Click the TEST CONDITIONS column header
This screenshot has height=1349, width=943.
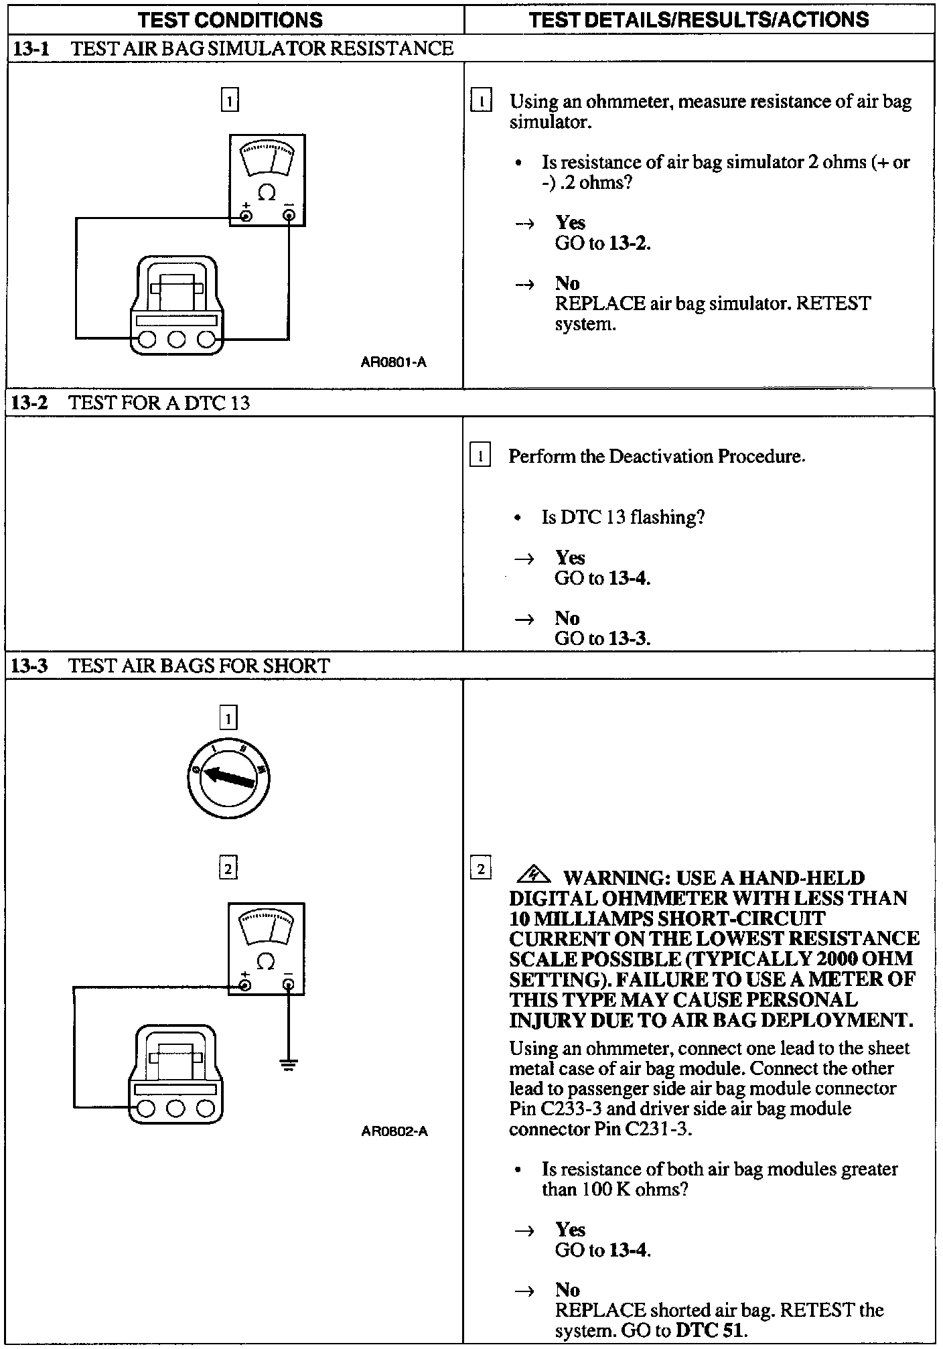tap(230, 20)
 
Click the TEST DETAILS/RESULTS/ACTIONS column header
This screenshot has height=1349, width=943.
tap(699, 19)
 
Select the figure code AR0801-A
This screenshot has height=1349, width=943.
tap(394, 363)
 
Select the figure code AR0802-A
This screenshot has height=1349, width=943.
tap(394, 1131)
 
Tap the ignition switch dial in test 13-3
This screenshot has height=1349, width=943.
tap(228, 778)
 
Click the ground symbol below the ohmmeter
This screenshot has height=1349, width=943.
tap(289, 1064)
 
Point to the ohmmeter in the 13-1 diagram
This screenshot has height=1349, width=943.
tap(267, 180)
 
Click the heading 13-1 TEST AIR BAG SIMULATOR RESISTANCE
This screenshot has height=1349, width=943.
tap(232, 48)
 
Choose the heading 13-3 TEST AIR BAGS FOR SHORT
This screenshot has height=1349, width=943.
tap(171, 666)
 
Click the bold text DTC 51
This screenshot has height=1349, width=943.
tap(711, 1330)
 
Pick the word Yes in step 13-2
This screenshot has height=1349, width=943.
tap(570, 558)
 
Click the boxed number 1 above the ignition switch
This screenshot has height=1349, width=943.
tap(228, 719)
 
